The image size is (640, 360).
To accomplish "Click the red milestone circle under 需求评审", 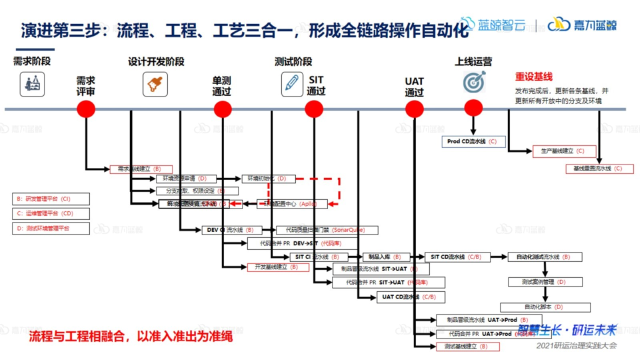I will tap(86, 108).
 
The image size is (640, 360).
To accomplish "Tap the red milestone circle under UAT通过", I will tap(414, 108).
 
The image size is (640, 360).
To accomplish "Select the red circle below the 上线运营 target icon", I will tap(473, 108).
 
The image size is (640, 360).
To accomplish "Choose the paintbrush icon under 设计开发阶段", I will tap(155, 84).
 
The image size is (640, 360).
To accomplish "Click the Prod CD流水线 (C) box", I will tap(473, 142).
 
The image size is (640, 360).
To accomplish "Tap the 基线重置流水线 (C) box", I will tap(599, 168).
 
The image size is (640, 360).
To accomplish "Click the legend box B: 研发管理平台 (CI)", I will tap(51, 199).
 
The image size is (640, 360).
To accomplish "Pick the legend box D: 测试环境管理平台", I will tap(51, 228).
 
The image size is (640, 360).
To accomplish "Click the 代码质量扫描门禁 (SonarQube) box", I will tap(327, 230).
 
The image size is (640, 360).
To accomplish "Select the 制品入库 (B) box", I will tap(385, 257).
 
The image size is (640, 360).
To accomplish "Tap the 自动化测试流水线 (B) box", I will tap(545, 257).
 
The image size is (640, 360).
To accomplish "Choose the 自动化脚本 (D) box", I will tap(545, 307).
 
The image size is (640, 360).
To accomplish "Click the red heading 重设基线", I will tap(533, 77).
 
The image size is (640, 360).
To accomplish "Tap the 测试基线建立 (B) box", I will tap(465, 346).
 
